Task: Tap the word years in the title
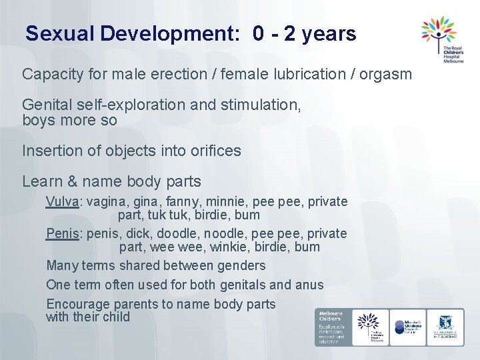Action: (x=329, y=35)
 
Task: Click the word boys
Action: (x=37, y=121)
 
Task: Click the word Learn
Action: (x=39, y=181)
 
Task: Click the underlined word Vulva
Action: (x=62, y=201)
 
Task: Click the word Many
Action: (x=61, y=265)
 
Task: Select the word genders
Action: (x=241, y=265)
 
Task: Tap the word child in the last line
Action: (x=116, y=317)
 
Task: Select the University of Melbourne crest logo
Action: (x=445, y=327)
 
